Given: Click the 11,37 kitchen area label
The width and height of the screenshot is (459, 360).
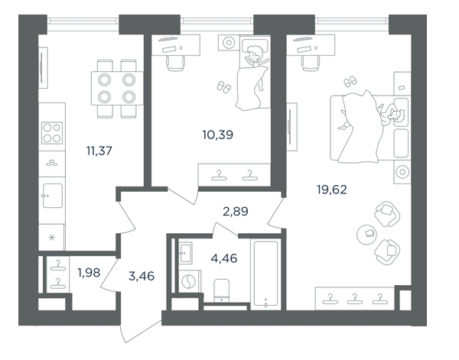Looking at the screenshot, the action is point(99,151).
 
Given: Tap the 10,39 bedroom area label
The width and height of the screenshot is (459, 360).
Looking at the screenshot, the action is point(217,135).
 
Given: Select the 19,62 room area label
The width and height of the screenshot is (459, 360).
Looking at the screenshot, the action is point(332,190).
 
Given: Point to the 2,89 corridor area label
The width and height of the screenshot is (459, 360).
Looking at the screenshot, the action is point(236,211).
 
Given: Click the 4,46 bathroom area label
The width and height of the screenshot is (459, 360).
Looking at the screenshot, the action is point(224,258).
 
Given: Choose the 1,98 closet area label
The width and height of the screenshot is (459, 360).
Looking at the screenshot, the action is point(89,273).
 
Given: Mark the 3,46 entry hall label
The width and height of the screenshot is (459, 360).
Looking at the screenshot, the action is point(142,276).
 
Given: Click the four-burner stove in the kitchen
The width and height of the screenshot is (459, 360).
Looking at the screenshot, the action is point(52,133).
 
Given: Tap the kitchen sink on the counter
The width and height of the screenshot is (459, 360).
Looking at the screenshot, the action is point(52,196).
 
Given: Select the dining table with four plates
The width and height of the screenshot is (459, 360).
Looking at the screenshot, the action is point(117,88).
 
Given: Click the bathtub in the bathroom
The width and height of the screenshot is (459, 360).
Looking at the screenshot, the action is point(265,274).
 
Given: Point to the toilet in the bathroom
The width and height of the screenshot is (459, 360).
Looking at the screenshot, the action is point(221,290).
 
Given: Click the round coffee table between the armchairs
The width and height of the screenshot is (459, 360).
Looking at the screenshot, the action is point(366,234).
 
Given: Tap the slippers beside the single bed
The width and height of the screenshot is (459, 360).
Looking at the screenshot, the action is point(224,87).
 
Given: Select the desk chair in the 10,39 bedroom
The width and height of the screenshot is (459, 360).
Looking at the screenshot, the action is point(176,63).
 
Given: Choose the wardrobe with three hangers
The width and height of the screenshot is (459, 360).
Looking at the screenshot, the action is point(355,298).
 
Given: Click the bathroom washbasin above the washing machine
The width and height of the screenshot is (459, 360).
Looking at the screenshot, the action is point(185,253).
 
